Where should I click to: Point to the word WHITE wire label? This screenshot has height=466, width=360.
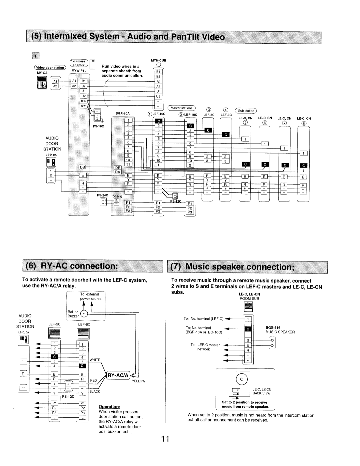click(94, 360)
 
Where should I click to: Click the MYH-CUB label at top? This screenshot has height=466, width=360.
click(158, 60)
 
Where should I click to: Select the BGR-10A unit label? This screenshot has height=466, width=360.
click(122, 113)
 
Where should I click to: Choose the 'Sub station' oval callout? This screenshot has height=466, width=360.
click(246, 111)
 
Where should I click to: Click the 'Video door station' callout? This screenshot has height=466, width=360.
click(54, 68)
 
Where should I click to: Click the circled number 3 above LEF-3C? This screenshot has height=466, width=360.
click(208, 110)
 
